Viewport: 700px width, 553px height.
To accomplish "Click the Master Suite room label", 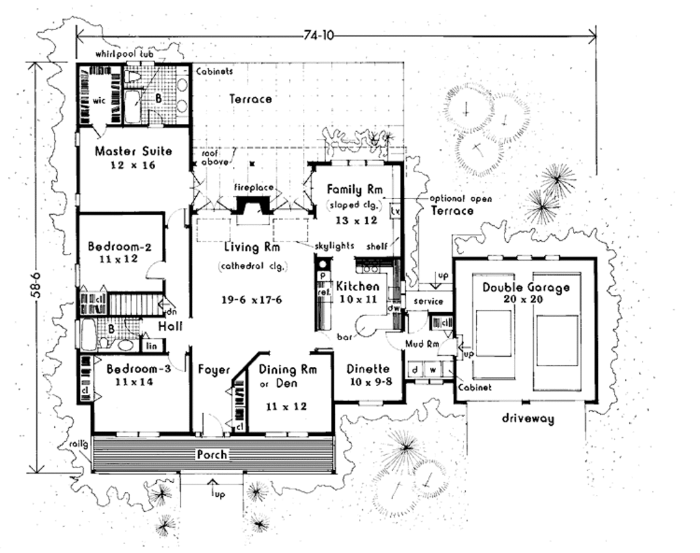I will tap(133, 151).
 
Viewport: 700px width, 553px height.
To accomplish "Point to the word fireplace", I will tap(254, 187).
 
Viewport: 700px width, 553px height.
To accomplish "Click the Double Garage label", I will tap(526, 287).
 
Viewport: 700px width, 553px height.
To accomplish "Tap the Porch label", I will tap(212, 454).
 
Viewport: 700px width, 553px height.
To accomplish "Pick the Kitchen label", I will tap(357, 286).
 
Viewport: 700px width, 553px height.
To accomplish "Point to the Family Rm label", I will tap(354, 190).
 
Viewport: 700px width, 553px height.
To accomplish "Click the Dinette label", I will tap(368, 369).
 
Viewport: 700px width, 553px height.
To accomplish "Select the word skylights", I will tap(335, 245).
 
